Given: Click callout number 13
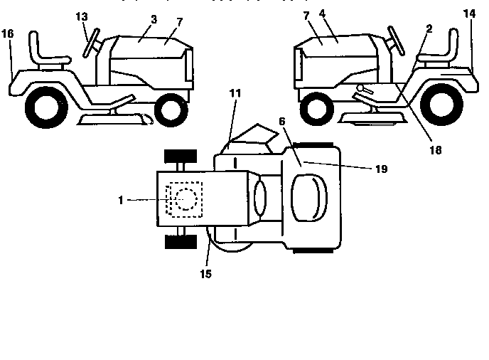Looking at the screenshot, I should point(82,16).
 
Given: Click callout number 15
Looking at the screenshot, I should point(205,272).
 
